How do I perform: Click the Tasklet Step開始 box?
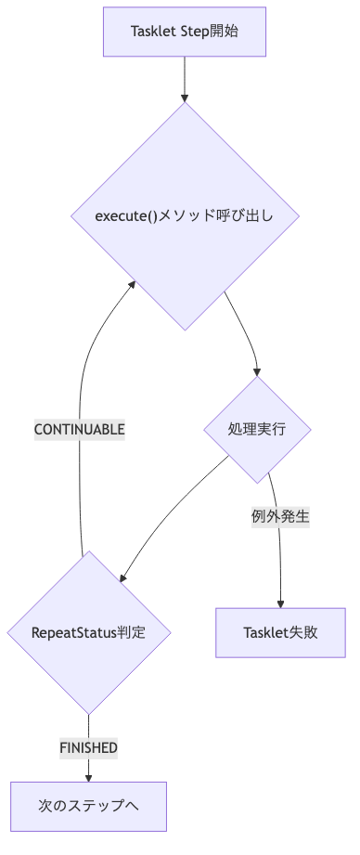(186, 33)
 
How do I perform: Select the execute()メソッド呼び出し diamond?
(186, 215)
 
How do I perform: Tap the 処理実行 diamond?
(256, 429)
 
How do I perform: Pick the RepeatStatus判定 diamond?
(89, 632)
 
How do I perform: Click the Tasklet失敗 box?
(280, 633)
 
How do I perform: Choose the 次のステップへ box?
(89, 805)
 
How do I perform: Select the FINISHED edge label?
(89, 747)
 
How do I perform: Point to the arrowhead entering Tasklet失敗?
(280, 602)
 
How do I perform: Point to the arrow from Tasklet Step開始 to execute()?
(186, 79)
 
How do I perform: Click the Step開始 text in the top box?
(211, 33)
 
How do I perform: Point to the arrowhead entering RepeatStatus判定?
(122, 577)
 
